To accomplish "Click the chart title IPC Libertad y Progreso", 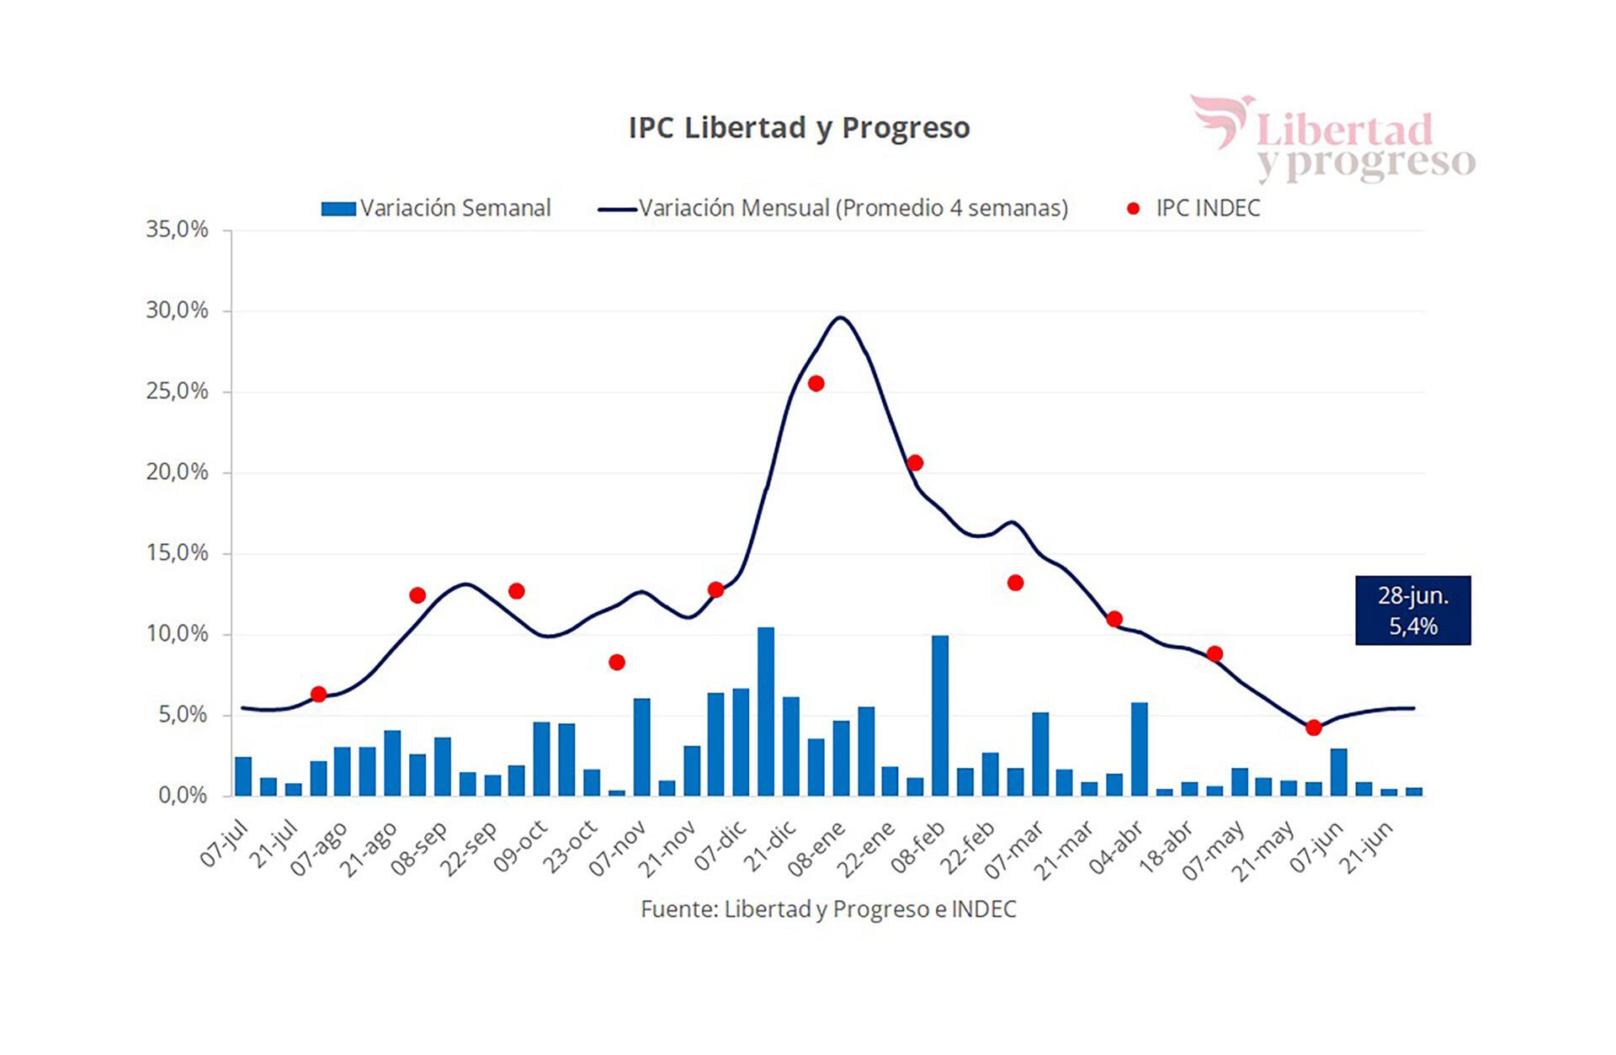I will pos(799,128).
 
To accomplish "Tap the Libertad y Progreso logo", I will pos(1333,140).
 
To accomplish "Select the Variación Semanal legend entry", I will pos(436,208).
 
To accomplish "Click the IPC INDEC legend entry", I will pos(1193,208).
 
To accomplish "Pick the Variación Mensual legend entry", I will pos(833,208).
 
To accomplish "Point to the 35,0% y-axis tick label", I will pos(177,229).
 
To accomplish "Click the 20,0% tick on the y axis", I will pos(177,472).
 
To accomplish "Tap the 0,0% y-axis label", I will pos(182,795).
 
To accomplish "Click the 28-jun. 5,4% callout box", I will pos(1412,610).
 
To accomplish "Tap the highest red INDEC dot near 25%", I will pos(816,384).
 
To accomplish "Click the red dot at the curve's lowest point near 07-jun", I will pos(1313,727).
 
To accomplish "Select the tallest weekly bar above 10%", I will pos(766,711).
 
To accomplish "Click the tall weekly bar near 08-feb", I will pos(940,716).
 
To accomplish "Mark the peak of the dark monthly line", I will pos(840,318).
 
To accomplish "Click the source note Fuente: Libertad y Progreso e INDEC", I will pos(828,909).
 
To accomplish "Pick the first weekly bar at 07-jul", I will pos(243,776).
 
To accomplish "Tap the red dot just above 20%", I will pos(915,463).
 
